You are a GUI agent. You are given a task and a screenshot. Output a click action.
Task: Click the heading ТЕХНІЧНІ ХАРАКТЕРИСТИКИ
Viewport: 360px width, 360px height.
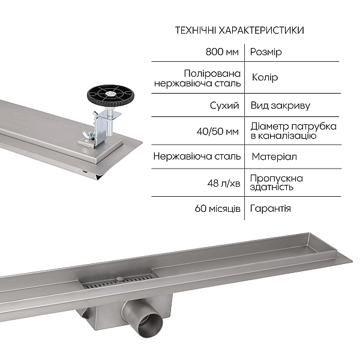tap(239, 31)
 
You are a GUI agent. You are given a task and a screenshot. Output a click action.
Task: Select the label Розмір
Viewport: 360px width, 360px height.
tap(265, 52)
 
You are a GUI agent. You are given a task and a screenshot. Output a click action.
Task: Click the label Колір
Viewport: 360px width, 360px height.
tap(263, 78)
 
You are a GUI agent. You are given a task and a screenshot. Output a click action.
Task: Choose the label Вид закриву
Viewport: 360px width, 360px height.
tap(280, 106)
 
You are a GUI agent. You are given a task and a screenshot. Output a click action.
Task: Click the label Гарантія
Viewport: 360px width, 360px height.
tap(271, 208)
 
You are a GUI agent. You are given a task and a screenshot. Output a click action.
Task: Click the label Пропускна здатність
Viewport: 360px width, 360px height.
tap(276, 182)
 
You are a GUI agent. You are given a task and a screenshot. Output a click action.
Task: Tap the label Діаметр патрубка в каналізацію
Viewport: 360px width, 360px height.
tap(293, 131)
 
